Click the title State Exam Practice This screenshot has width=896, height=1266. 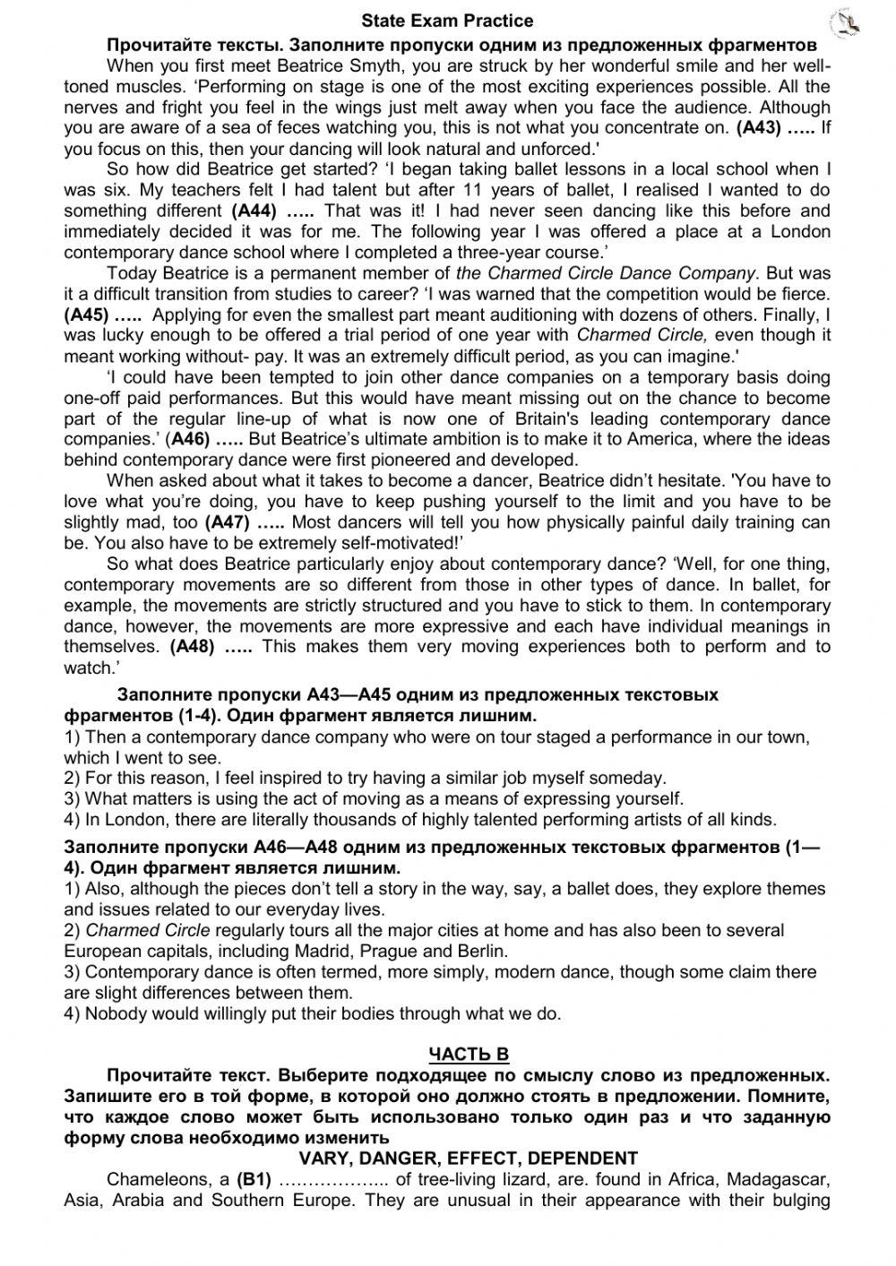click(447, 21)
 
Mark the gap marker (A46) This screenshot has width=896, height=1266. click(189, 440)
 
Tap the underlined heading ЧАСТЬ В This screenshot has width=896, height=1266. click(469, 1055)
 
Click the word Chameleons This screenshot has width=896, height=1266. click(157, 1180)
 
